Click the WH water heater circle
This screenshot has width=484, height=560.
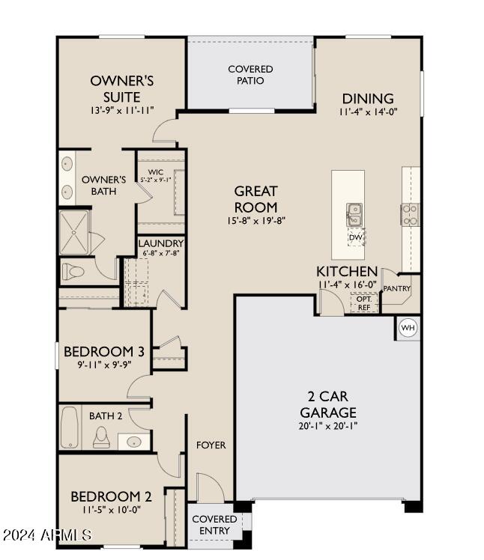click(408, 327)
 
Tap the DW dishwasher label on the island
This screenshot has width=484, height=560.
click(356, 237)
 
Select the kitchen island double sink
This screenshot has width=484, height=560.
click(354, 215)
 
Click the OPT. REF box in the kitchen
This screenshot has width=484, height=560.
click(364, 303)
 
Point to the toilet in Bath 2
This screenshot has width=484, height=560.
click(101, 437)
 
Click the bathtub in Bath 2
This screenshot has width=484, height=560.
click(70, 427)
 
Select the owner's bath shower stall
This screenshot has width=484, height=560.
click(74, 233)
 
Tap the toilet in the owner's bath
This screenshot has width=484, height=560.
click(73, 272)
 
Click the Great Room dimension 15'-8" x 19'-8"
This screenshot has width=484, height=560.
click(256, 221)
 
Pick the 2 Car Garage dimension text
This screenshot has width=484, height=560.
click(328, 426)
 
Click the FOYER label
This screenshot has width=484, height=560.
click(211, 445)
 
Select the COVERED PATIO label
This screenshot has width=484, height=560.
click(250, 75)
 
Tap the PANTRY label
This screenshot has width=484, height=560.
click(397, 288)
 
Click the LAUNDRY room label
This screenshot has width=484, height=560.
click(161, 243)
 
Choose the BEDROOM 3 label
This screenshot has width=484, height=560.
click(104, 351)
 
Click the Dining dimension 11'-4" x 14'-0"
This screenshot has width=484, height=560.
click(368, 112)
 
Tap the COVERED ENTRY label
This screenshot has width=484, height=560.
click(214, 525)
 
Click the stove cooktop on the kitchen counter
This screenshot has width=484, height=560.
click(410, 214)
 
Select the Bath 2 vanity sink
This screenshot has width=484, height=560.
click(134, 442)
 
